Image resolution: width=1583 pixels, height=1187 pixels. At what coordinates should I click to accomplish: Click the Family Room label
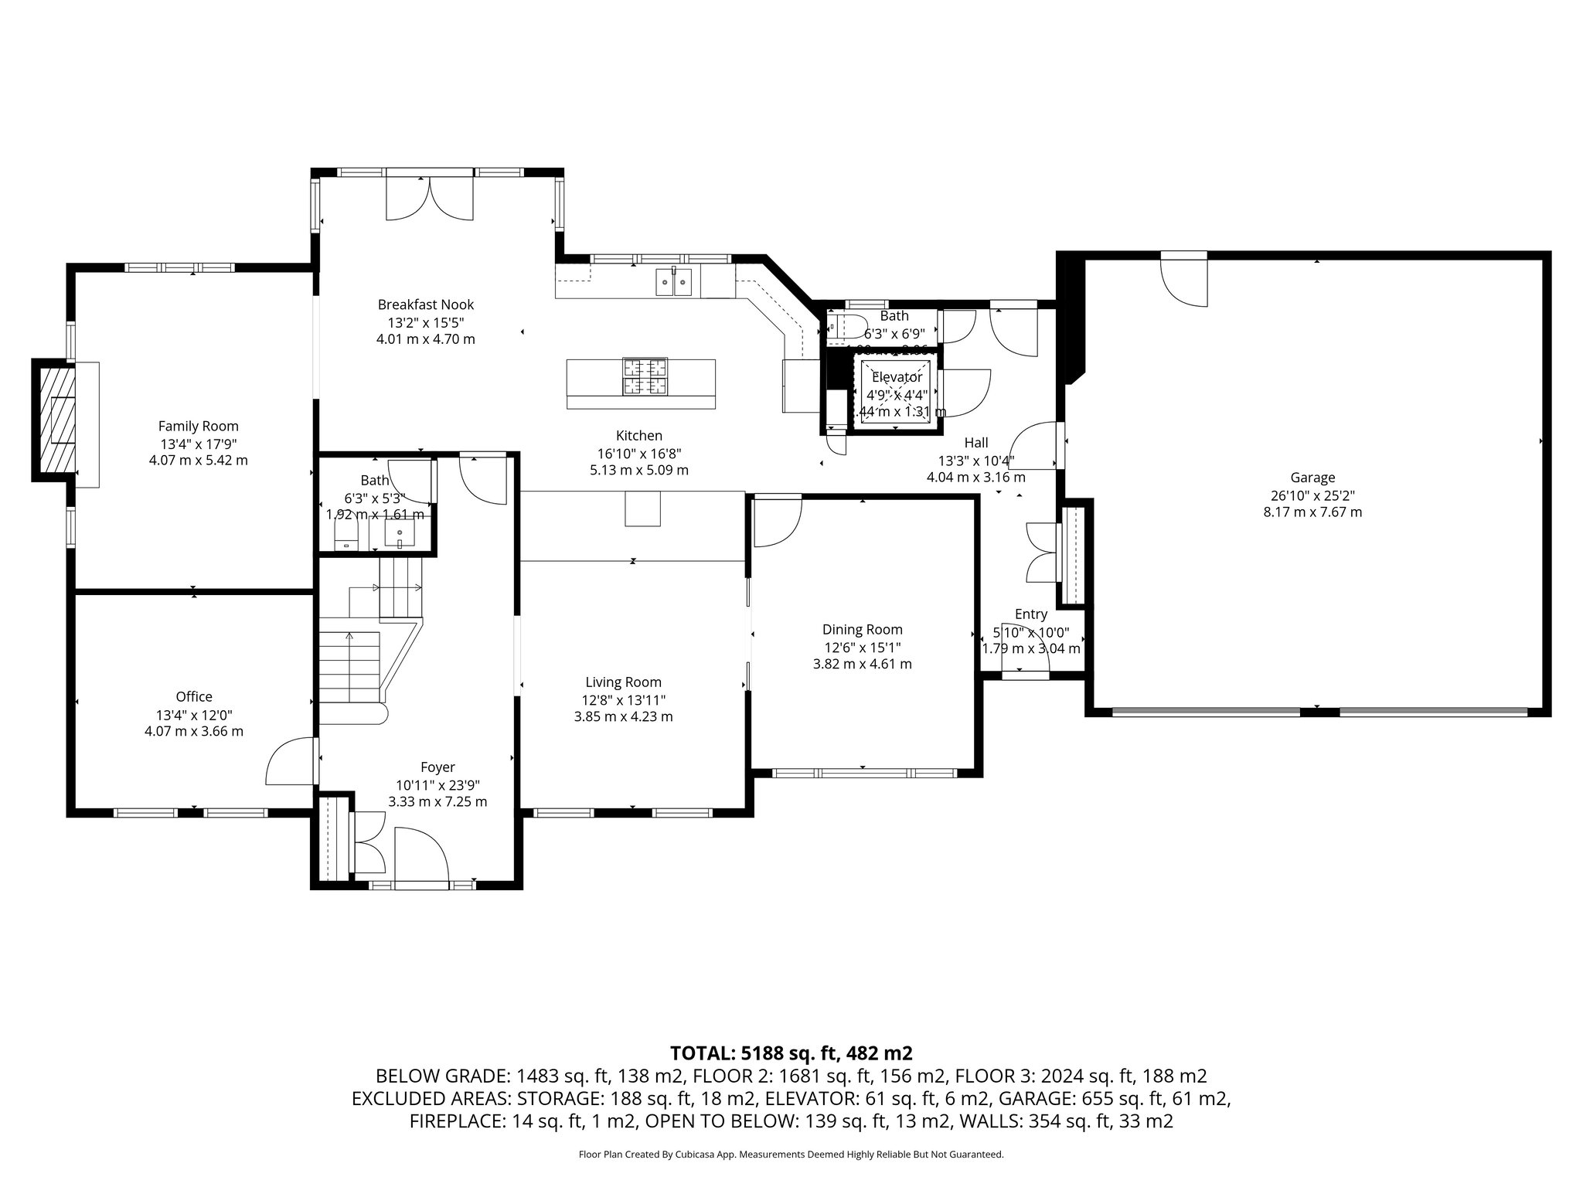(x=198, y=426)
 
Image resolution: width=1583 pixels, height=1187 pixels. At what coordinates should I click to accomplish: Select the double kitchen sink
(x=673, y=282)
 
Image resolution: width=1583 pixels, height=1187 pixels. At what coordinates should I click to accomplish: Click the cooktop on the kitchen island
(x=645, y=376)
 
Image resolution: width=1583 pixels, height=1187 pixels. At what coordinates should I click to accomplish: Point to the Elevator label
(x=897, y=377)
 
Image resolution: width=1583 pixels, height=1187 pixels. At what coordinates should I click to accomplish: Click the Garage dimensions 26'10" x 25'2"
(x=1312, y=495)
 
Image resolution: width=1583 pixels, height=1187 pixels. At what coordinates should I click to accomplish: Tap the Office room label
(x=193, y=696)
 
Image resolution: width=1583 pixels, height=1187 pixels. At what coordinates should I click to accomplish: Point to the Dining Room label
(x=862, y=630)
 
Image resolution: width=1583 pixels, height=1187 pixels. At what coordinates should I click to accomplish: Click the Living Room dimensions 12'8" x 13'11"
(x=623, y=700)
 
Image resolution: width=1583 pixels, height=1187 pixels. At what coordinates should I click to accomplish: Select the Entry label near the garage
(x=1030, y=614)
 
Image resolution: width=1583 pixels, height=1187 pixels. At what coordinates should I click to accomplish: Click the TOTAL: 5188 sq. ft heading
(x=791, y=1053)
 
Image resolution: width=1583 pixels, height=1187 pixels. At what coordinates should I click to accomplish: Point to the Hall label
(x=975, y=443)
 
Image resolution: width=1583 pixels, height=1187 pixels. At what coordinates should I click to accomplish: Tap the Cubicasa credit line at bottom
(x=791, y=1155)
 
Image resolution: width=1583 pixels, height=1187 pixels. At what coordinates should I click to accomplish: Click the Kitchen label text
(x=638, y=436)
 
